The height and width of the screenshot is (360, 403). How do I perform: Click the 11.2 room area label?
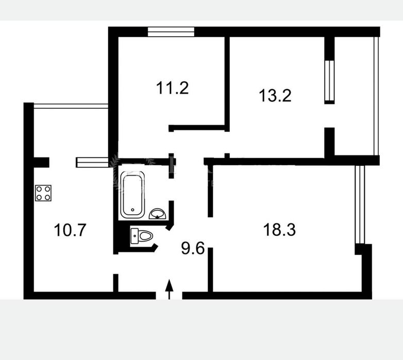point(173,88)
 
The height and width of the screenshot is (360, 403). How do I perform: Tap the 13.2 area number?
point(275,95)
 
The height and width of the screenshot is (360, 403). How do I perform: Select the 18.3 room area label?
point(279,230)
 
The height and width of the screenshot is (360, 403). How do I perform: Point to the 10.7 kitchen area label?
point(70,230)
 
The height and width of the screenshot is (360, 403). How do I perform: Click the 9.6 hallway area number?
point(193,249)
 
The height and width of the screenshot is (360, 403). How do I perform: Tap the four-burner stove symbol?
point(43,193)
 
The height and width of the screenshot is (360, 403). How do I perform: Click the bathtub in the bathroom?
point(132,195)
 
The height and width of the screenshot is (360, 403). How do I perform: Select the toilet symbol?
point(142,236)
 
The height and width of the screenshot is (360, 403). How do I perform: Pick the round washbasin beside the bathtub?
point(158,214)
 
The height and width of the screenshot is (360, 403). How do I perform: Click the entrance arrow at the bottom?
point(169,289)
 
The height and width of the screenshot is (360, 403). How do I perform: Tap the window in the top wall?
point(171,32)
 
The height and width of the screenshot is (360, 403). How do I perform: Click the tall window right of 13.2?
point(329,82)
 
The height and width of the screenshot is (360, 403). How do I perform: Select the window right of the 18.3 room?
point(360,204)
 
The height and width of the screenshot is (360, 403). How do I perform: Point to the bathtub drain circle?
point(132,210)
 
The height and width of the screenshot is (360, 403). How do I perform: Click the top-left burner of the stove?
point(39,189)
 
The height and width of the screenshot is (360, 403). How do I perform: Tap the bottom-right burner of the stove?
point(47,197)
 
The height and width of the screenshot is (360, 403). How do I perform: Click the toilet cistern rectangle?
point(135,236)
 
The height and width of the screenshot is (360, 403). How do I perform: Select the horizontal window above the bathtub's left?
point(92,163)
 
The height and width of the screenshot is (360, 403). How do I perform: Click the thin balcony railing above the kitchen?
point(71,106)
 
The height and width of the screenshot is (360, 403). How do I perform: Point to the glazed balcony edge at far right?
point(376,96)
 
